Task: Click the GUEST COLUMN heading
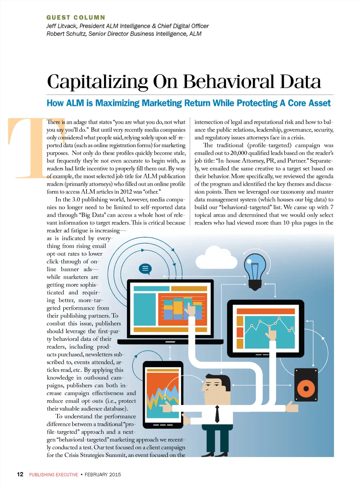point(76,18)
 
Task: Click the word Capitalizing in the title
point(97,82)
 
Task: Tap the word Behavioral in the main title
point(229,82)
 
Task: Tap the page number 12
point(20,474)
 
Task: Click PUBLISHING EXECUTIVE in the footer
point(53,475)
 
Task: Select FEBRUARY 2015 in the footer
point(103,475)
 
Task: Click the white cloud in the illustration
point(214,259)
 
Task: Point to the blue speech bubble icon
point(145,269)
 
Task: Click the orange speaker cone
point(306,388)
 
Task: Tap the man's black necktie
point(217,414)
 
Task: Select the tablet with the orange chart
point(163,394)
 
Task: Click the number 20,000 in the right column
point(239,153)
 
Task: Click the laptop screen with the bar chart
point(170,307)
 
